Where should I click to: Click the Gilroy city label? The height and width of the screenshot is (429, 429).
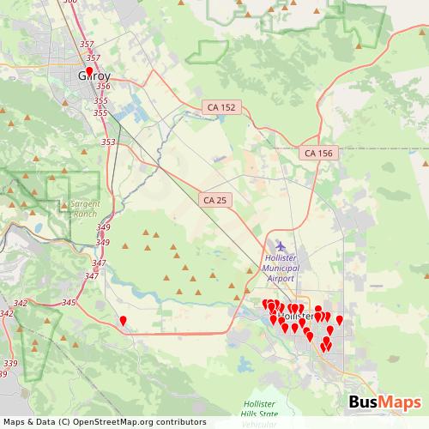pos(94,76)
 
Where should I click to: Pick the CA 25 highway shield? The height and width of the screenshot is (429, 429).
pos(215,199)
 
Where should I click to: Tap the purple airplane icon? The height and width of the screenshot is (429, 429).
pos(281,246)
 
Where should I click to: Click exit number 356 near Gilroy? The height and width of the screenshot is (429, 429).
pos(103,86)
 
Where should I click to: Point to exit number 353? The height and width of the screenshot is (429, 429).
pos(108,142)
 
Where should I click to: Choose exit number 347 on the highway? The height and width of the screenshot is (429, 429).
pos(100,263)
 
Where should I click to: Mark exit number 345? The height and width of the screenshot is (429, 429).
pos(69,303)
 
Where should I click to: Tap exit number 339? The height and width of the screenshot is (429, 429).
pos(10,364)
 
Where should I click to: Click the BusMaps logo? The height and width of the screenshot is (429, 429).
pos(384,402)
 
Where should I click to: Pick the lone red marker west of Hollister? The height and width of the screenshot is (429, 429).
pos(123,322)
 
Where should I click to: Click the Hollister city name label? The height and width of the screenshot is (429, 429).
pos(297,317)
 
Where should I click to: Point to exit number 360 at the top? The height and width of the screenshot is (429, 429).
pos(70,3)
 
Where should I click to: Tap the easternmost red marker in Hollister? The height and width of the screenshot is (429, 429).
pos(339,321)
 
